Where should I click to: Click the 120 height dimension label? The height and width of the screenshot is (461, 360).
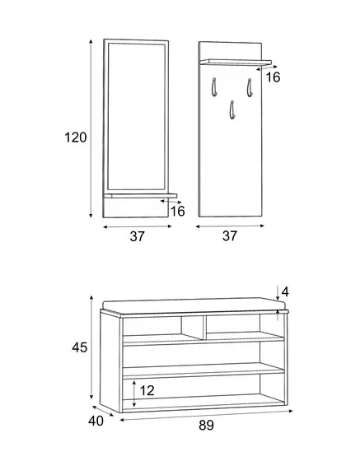pos(76,137)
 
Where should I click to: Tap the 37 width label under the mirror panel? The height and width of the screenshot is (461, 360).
pos(138,236)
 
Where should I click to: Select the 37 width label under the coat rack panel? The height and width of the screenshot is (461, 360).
pos(230,235)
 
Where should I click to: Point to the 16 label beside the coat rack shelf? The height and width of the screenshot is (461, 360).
pos(273,77)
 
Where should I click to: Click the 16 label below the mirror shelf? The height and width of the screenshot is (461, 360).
pos(178,212)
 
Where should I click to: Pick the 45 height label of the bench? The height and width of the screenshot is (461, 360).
pos(79,347)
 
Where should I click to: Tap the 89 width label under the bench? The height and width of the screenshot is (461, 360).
pos(206,426)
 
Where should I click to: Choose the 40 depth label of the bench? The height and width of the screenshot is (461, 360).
pos(96,421)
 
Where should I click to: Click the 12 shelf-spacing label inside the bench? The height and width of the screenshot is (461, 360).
pos(147,391)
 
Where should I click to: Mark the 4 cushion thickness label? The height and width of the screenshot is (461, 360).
pos(285,292)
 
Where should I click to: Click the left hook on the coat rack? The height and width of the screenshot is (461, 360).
pos(213,87)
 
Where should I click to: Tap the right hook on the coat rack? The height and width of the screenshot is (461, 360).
pos(250,87)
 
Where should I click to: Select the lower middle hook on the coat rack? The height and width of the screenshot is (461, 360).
pos(232,110)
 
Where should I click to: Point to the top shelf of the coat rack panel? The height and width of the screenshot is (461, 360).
pos(236,62)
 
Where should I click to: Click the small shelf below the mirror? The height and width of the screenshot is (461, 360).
pos(140,196)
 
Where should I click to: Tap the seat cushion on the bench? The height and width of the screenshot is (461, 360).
pos(194,305)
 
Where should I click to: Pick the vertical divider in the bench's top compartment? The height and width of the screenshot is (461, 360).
pos(204,328)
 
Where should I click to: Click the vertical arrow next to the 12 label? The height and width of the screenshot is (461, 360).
pos(134,394)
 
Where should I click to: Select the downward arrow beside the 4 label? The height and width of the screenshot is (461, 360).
pos(278,292)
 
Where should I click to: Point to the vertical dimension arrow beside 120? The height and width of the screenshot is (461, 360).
pos(91,128)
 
